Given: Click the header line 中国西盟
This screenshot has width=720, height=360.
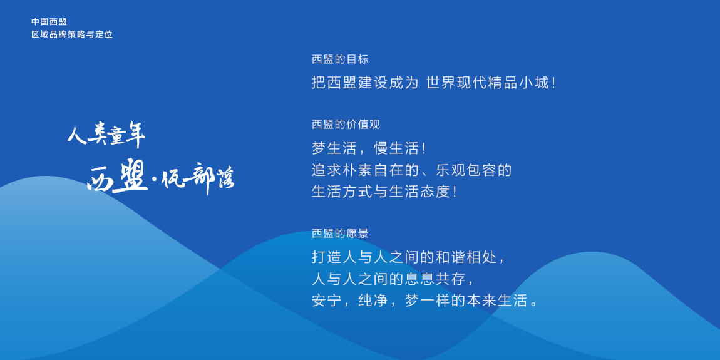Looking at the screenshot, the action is [49, 21].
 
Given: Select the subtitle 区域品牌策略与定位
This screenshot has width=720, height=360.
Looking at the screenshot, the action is [72, 34].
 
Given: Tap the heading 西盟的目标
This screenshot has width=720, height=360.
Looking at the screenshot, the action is [340, 59].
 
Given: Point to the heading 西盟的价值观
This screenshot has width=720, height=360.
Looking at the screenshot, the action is [346, 125].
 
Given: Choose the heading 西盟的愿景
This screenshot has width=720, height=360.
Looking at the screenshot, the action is [340, 234].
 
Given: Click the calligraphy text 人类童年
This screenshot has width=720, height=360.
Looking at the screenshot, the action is [106, 134].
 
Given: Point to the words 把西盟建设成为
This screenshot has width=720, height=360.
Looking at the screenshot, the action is [365, 83].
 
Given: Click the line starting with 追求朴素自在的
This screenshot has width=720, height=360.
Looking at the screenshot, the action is [412, 170].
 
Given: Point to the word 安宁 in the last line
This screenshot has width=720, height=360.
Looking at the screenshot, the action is [326, 301].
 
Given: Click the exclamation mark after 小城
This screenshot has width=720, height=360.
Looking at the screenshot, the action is [554, 83].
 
